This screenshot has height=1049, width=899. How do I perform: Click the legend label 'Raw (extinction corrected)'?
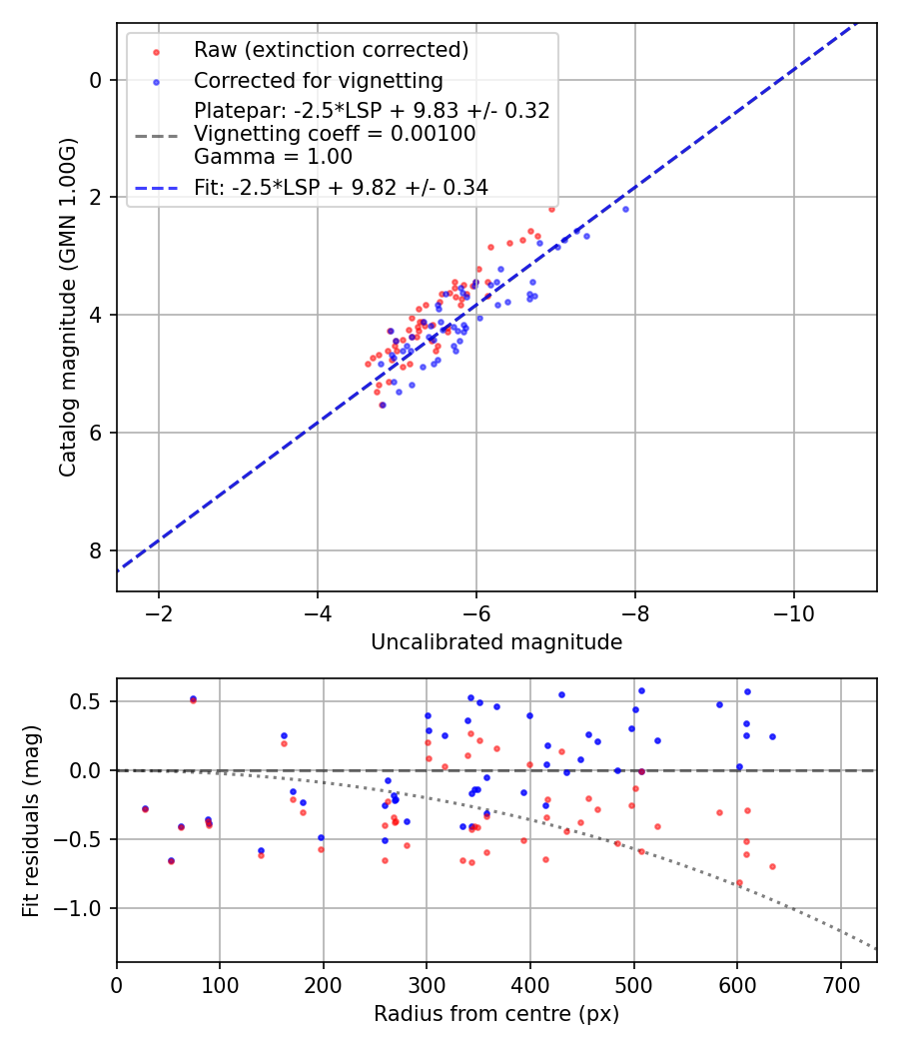331,50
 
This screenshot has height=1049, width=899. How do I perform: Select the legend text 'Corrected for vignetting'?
319,80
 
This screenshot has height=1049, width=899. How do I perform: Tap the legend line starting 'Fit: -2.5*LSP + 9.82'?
341,187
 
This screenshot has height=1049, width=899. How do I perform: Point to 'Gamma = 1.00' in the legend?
273,156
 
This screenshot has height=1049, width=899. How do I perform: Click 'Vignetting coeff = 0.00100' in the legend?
335,133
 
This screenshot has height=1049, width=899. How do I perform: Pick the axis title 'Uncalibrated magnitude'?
496,642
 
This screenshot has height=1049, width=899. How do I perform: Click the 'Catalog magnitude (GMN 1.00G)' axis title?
68,307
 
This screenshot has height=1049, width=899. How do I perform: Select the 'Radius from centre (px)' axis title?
496,1014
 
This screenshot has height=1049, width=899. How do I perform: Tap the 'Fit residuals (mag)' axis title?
32,820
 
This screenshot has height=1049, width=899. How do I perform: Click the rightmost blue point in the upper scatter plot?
625,209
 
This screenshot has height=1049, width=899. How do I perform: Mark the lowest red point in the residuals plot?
739,882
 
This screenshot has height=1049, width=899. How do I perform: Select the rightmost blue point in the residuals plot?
772,736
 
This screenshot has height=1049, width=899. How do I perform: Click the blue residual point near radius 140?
261,850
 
